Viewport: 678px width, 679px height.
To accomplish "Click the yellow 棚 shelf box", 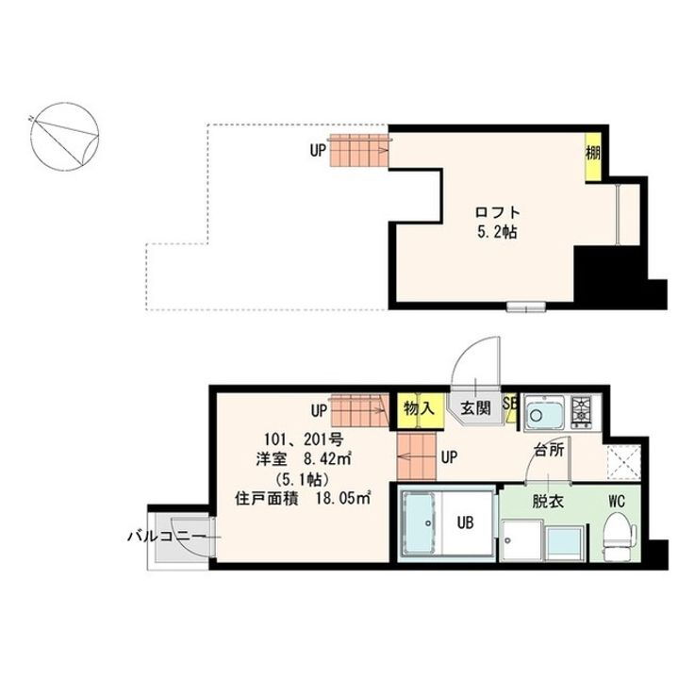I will tap(591, 151).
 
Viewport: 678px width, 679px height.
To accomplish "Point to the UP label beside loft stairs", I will tap(318, 149).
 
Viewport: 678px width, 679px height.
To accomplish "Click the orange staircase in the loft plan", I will tap(358, 150).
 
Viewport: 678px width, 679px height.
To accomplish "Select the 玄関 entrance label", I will tap(473, 409).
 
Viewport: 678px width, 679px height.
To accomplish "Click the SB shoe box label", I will tap(510, 403).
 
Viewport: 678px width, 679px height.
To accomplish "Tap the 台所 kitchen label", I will tap(549, 450).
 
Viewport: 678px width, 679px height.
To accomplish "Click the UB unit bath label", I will tap(466, 520).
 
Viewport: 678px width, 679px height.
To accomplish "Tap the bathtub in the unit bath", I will tap(420, 525).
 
